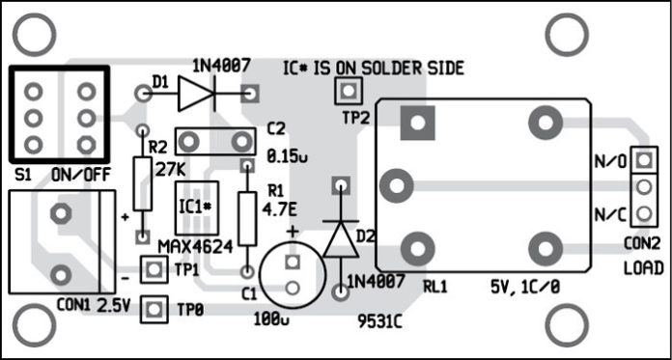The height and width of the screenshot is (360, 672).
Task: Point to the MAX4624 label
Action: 194,247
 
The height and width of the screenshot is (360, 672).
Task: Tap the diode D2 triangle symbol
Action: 339,237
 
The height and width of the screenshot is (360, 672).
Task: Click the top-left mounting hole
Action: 33,33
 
